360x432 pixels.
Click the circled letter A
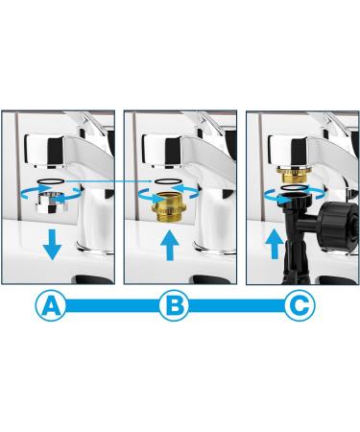54,307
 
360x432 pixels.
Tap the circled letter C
299,307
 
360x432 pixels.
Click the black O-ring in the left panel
54,180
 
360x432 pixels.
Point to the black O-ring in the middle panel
169,180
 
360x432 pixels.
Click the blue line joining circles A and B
114,308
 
